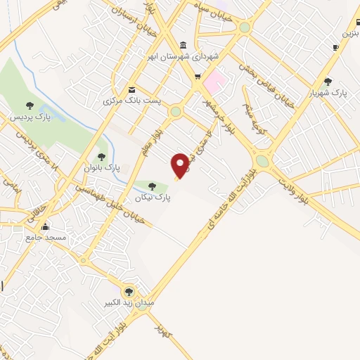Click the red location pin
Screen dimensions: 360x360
coord(181,166)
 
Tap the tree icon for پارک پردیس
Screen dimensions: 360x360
coord(29,105)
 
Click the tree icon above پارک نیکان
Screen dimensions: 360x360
coord(152,186)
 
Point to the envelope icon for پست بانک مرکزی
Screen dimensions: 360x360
coord(132,89)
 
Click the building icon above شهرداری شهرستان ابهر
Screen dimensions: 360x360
coord(184,44)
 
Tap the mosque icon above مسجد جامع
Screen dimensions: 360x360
coord(46,226)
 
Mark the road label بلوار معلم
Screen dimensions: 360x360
coord(161,140)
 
